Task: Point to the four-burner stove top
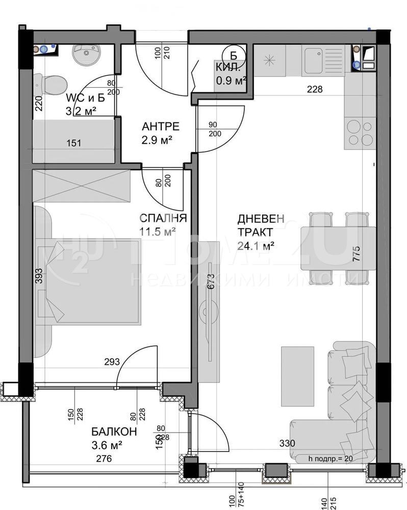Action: tap(360, 133)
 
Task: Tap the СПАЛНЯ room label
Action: tap(163, 218)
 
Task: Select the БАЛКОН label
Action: tap(114, 431)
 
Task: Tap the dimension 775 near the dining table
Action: tap(357, 253)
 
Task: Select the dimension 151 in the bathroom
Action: tap(73, 143)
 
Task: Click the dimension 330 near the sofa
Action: tap(287, 443)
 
